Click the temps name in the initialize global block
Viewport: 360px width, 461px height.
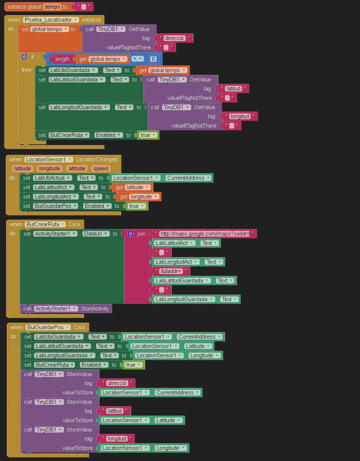tap(53, 7)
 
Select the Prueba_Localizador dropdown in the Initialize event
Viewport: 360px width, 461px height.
tap(51, 20)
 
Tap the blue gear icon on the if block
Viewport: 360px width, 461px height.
tap(24, 57)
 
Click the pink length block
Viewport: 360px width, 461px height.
tap(62, 59)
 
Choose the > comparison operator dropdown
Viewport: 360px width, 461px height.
tap(137, 59)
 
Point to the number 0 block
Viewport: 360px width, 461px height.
tap(153, 59)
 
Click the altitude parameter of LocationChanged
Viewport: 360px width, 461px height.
tap(77, 169)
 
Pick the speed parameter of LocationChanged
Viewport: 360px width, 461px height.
tap(100, 169)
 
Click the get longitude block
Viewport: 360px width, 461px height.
tap(139, 197)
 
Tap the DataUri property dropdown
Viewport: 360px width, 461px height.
tap(96, 234)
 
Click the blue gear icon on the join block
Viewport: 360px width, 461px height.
tap(130, 234)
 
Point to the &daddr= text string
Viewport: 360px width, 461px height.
tap(171, 271)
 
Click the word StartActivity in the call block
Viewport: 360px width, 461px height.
tap(95, 309)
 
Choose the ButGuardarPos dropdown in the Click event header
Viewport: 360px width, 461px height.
tap(48, 327)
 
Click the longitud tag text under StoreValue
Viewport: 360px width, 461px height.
tap(117, 439)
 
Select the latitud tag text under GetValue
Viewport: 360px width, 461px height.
tap(234, 89)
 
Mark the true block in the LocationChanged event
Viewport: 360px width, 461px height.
tap(136, 206)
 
